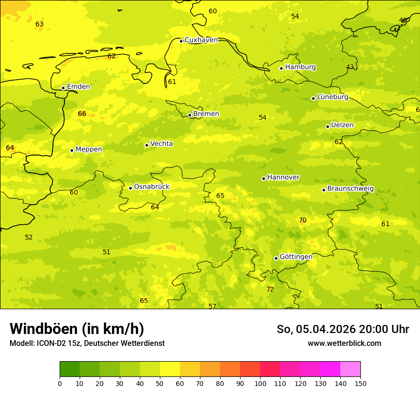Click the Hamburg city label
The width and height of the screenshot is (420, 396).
click(x=300, y=67)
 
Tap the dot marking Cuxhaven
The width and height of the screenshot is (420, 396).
click(x=181, y=41)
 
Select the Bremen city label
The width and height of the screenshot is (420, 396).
click(x=206, y=114)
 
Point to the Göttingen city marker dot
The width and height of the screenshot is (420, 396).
click(x=276, y=258)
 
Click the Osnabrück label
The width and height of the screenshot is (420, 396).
click(x=151, y=187)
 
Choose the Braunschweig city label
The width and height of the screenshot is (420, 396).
click(x=350, y=189)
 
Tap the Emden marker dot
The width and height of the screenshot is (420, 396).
click(x=63, y=88)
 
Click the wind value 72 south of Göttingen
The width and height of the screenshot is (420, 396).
click(x=270, y=289)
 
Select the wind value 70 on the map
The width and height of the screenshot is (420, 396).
click(x=303, y=220)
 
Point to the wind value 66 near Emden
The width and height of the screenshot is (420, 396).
click(x=82, y=114)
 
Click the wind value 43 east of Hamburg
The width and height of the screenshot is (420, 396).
click(x=350, y=67)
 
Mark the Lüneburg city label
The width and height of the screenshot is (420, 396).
click(x=332, y=97)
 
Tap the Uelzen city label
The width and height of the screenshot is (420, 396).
click(x=342, y=125)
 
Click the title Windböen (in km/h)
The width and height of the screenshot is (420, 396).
click(x=77, y=329)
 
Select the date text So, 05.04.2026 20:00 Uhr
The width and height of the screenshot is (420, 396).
click(x=343, y=329)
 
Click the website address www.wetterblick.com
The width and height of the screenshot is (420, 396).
click(x=344, y=344)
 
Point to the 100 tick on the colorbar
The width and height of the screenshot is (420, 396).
click(x=260, y=383)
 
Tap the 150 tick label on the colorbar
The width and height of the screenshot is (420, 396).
click(x=360, y=383)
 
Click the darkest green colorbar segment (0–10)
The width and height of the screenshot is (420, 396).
click(x=70, y=369)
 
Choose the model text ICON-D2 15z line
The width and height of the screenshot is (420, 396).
click(x=87, y=344)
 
